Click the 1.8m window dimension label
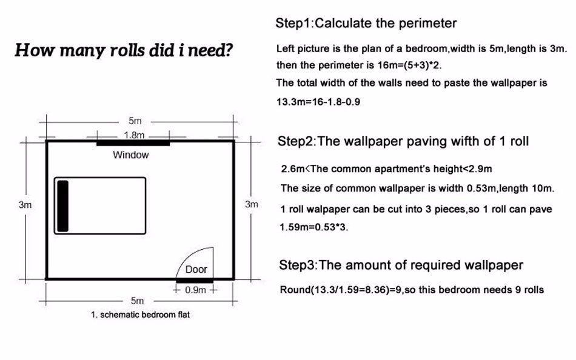(134, 135)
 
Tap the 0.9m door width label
(195, 290)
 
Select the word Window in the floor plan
(131, 155)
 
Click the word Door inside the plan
(196, 269)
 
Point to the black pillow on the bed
(63, 205)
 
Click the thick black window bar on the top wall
(133, 143)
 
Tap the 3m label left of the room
(25, 205)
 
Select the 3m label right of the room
(251, 204)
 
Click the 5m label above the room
(135, 121)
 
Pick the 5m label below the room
(137, 301)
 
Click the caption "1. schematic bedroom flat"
(140, 315)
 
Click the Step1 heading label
(293, 23)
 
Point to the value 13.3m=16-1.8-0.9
(318, 102)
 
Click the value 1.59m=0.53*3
(313, 227)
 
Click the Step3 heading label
(297, 265)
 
